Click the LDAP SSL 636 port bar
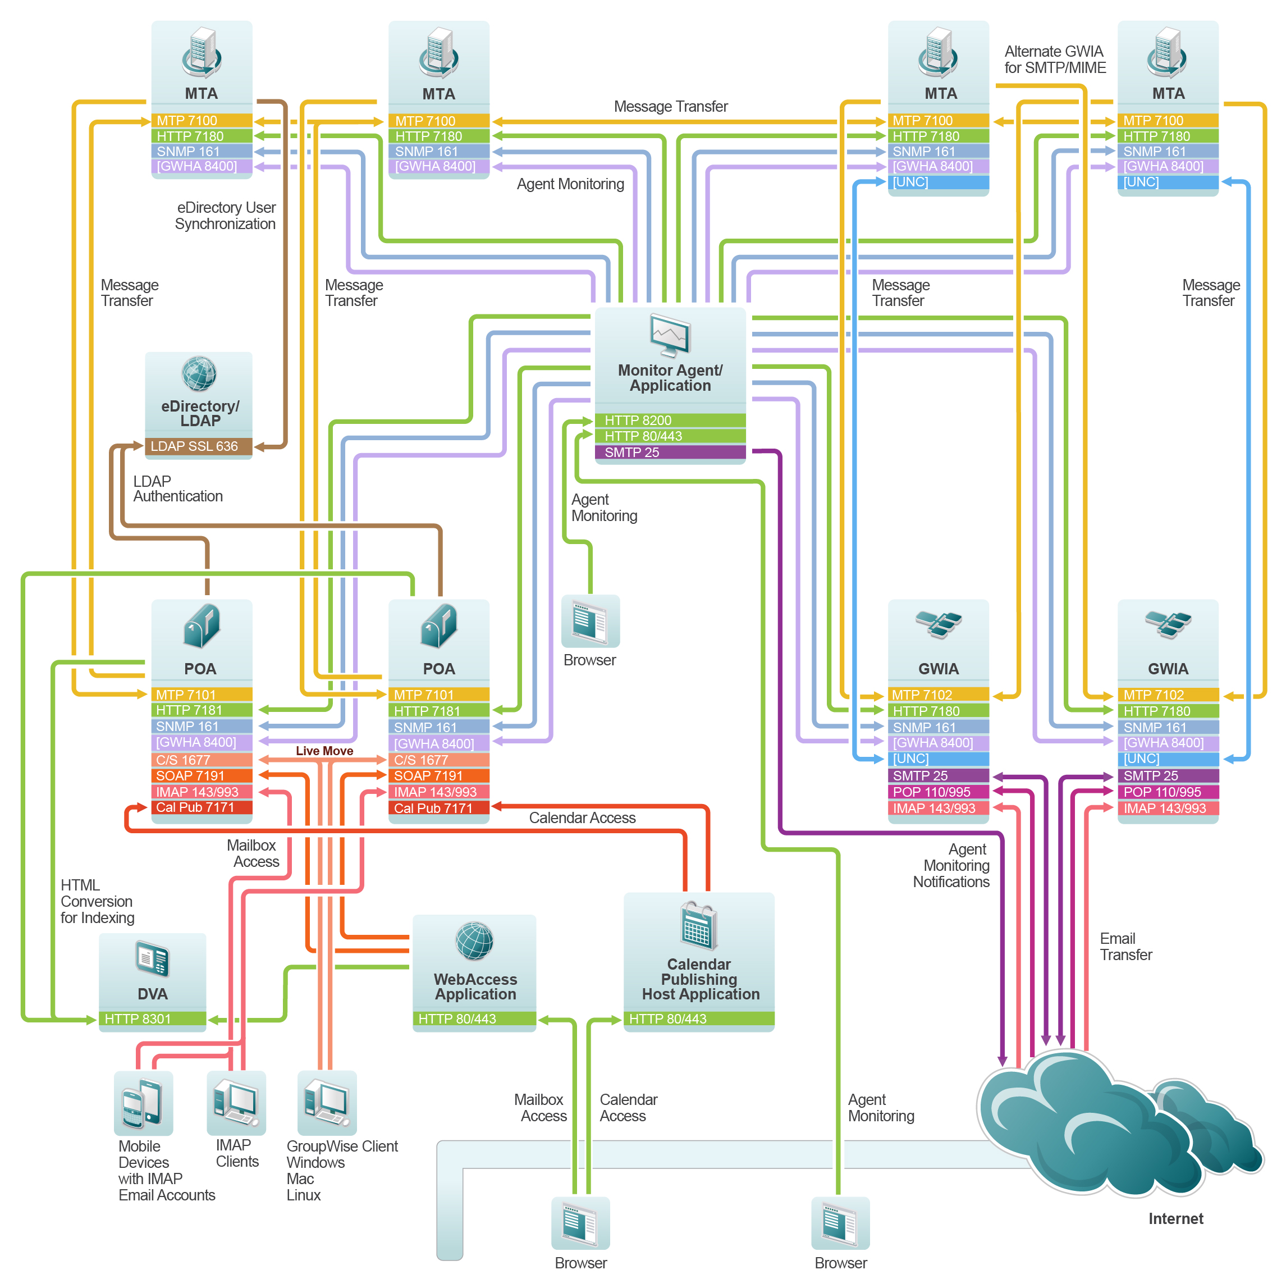198,446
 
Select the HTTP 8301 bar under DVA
152,1018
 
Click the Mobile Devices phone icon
143,1103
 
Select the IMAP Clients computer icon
236,1102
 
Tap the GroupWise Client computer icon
327,1102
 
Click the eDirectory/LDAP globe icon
199,373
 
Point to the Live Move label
324,751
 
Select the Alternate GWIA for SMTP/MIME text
1055,60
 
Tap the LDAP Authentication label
177,488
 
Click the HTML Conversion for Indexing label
97,901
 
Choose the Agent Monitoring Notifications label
951,865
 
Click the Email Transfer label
1125,947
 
